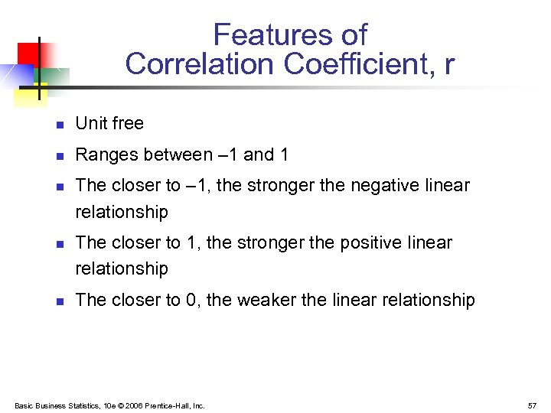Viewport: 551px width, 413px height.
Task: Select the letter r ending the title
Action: [448, 65]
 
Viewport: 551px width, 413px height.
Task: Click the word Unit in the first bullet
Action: [90, 123]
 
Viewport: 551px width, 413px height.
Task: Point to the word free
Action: [126, 123]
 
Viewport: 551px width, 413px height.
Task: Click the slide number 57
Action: [531, 405]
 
